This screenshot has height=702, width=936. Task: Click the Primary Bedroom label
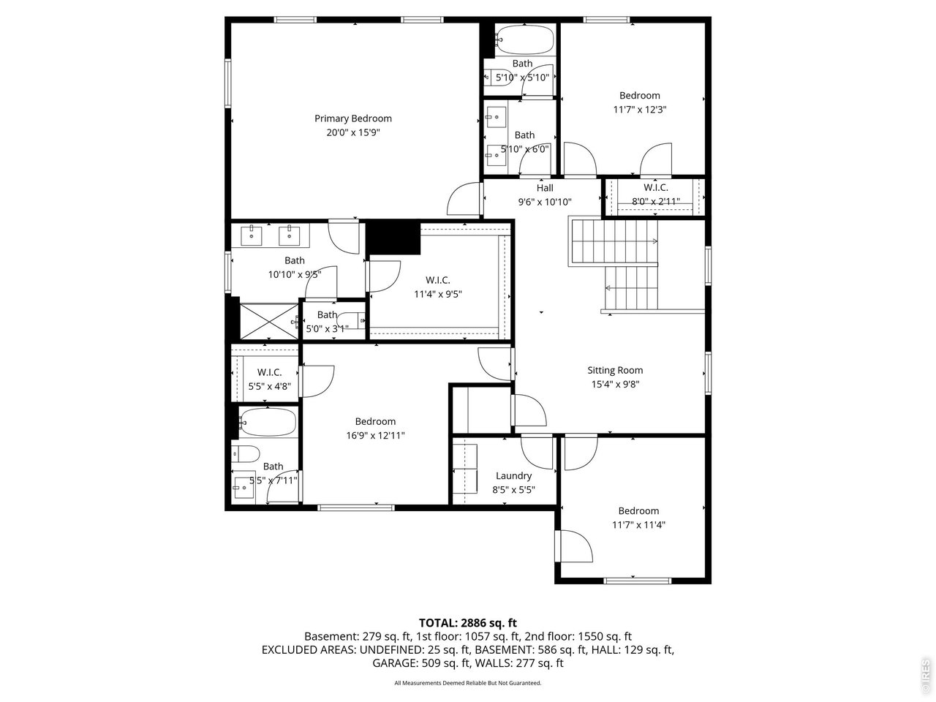[353, 118]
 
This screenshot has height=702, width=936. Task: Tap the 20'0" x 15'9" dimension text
[353, 132]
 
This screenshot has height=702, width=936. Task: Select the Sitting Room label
[615, 370]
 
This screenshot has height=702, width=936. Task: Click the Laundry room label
[513, 476]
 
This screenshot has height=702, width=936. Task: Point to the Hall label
[545, 188]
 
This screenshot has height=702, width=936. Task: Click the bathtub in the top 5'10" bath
[524, 40]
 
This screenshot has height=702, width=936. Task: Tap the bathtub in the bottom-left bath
[268, 423]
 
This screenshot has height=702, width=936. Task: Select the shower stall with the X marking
[265, 320]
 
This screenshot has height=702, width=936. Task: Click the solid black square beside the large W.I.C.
[393, 238]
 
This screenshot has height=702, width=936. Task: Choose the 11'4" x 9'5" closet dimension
[437, 294]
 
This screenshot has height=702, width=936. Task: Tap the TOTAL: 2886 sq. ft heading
[467, 623]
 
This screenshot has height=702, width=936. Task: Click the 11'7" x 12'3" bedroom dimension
[639, 110]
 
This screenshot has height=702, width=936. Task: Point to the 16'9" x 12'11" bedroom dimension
[375, 435]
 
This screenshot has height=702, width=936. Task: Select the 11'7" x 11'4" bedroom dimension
[638, 524]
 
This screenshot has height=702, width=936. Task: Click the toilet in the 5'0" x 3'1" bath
[355, 320]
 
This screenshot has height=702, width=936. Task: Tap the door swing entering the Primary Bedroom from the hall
[464, 199]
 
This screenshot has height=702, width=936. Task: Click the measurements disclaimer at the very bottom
[467, 683]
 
